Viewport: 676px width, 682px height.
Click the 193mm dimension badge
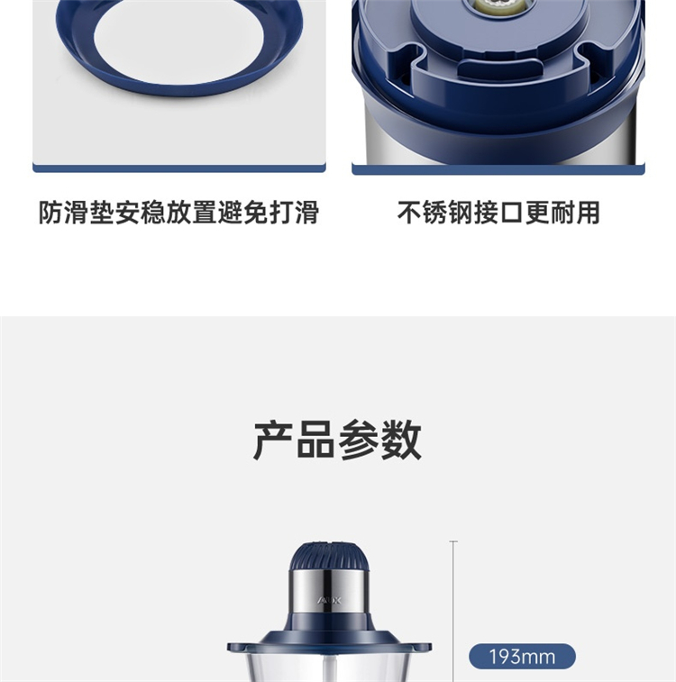pos(522,657)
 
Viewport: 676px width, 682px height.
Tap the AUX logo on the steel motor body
pos(329,601)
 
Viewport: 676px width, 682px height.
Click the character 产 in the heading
pos(273,440)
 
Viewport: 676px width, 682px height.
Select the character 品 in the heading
pos(315,440)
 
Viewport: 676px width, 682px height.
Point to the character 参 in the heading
pos(358,440)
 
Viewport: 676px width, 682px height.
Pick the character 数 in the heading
pos(400,440)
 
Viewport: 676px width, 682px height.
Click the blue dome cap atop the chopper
pos(329,556)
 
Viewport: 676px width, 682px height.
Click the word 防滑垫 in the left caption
pos(77,213)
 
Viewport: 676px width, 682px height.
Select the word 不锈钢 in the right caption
pos(435,213)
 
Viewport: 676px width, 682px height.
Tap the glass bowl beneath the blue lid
pos(329,668)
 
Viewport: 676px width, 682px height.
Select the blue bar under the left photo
pos(179,168)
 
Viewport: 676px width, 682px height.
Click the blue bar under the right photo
pos(498,169)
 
